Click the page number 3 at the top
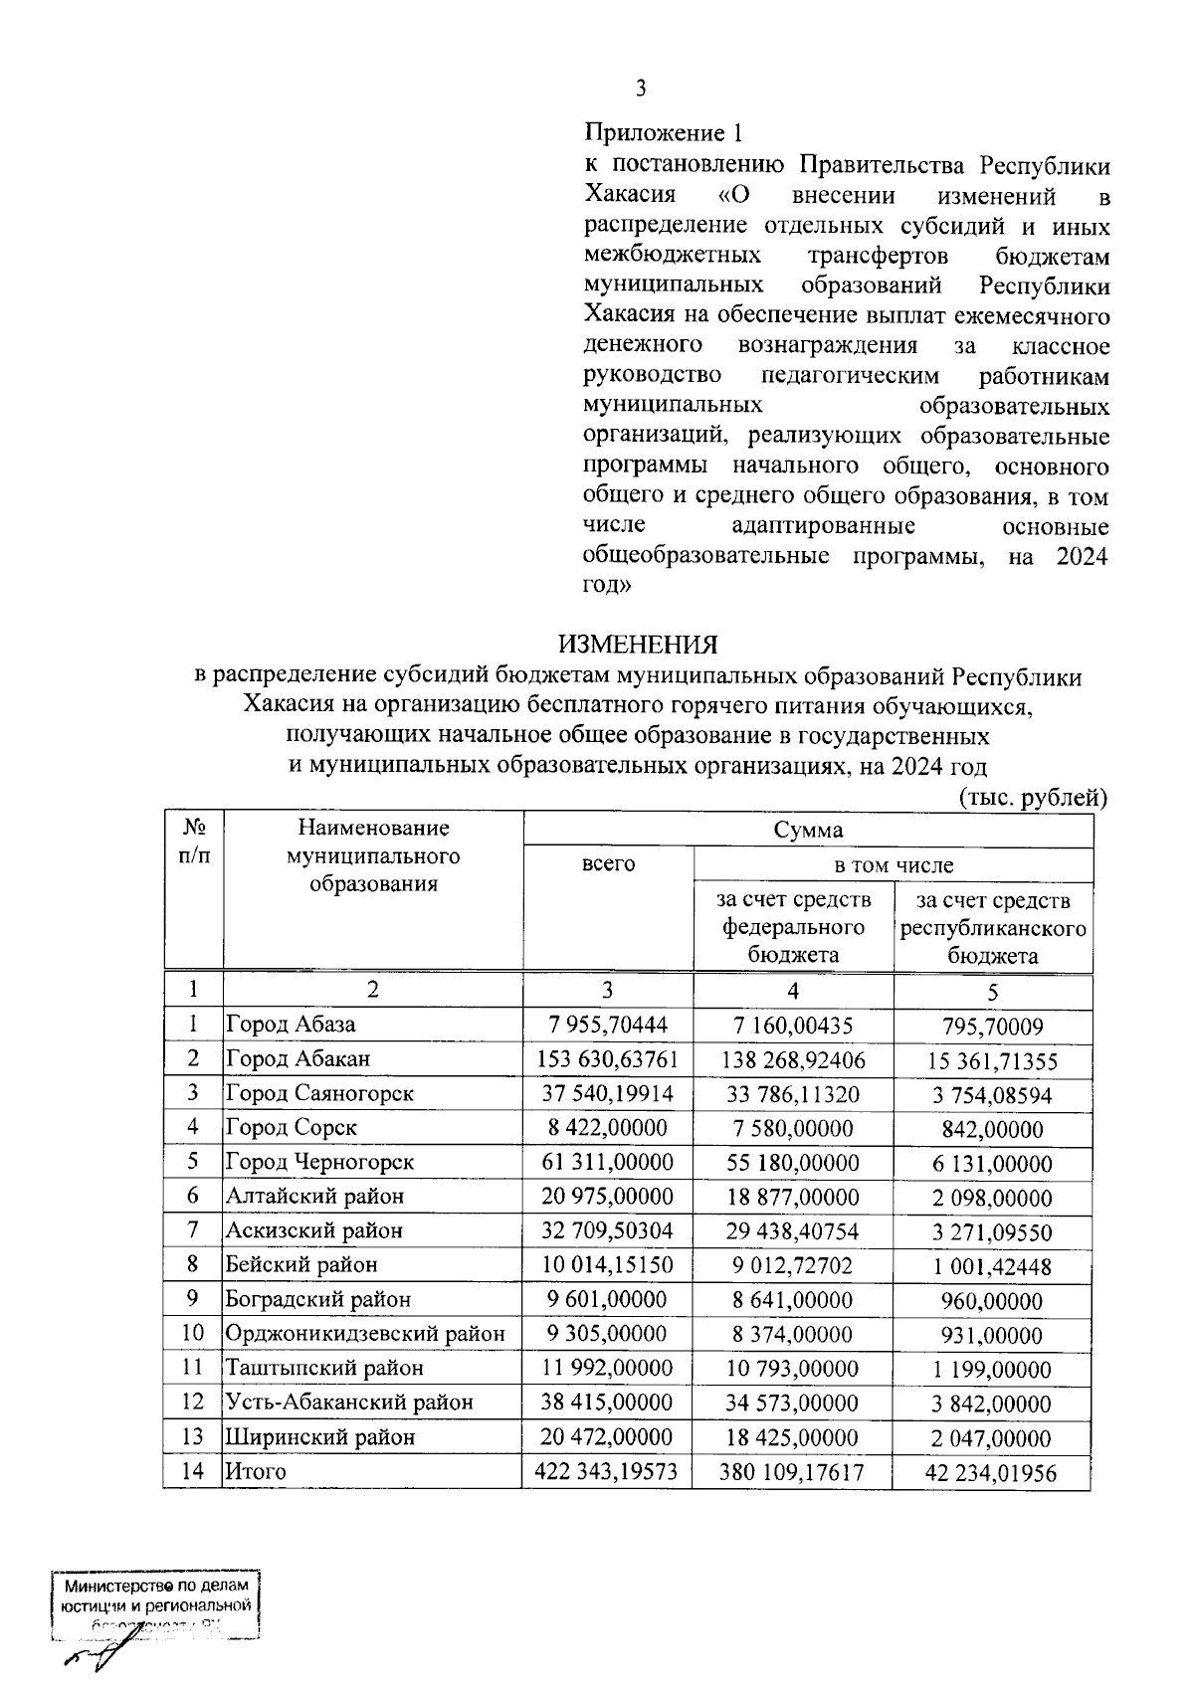click(641, 89)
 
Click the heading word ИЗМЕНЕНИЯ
click(637, 645)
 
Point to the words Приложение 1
click(663, 132)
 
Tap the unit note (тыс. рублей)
click(1033, 797)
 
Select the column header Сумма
click(808, 830)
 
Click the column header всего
click(607, 863)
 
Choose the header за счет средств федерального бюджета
click(793, 927)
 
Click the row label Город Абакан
click(298, 1058)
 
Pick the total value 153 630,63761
click(607, 1058)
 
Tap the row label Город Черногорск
click(319, 1162)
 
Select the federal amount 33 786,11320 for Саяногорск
click(793, 1094)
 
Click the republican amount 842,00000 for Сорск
click(993, 1129)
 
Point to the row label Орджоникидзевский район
click(365, 1334)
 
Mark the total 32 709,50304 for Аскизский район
click(607, 1230)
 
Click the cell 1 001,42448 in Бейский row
click(991, 1266)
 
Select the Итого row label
click(256, 1471)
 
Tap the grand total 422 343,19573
click(607, 1471)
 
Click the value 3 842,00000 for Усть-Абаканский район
click(991, 1404)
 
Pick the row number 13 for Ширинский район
click(193, 1436)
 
